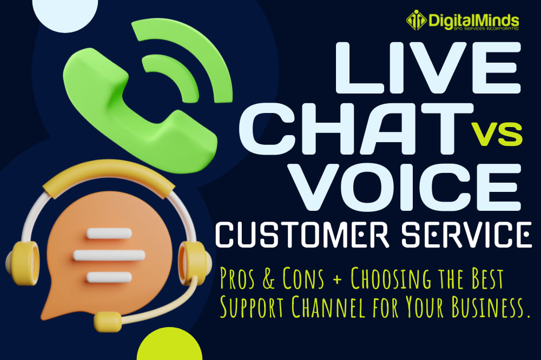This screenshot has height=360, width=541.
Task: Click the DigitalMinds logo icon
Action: tap(416, 21)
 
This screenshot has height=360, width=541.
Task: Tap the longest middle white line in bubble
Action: tap(109, 255)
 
